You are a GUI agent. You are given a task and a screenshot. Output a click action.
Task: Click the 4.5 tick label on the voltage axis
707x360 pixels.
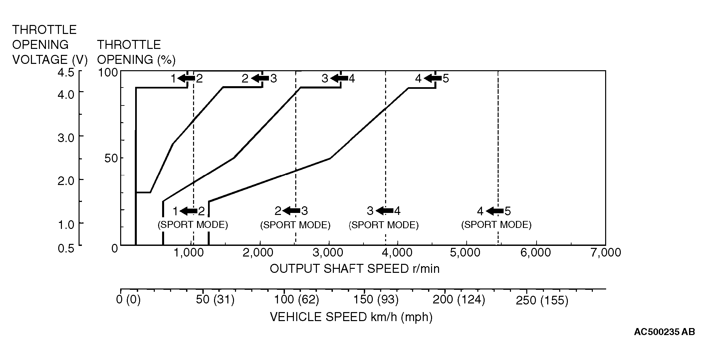(x=66, y=73)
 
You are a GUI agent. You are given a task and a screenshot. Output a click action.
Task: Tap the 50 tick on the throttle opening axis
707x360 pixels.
(x=111, y=158)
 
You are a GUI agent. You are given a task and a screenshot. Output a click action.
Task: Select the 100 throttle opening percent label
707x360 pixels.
(x=108, y=73)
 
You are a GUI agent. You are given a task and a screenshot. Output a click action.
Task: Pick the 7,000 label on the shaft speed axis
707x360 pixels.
(x=605, y=253)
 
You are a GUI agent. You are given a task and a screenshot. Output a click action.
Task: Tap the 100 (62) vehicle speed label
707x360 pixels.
(x=296, y=300)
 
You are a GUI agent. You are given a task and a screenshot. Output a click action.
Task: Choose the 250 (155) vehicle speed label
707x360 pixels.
(x=542, y=301)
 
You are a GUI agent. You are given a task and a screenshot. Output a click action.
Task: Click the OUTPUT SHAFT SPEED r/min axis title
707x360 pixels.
(x=354, y=269)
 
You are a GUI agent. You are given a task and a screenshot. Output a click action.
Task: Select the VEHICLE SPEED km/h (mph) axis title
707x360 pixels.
(x=351, y=317)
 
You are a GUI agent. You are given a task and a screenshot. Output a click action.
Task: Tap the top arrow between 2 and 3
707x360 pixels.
(x=260, y=79)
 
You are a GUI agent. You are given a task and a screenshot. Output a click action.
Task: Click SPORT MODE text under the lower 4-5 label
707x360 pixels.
(x=496, y=225)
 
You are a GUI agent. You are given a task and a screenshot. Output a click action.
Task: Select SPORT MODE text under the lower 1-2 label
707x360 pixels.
(x=193, y=225)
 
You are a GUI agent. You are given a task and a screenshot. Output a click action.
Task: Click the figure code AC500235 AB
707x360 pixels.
(x=664, y=332)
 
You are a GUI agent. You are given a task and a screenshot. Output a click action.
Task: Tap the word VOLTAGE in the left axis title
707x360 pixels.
(x=40, y=60)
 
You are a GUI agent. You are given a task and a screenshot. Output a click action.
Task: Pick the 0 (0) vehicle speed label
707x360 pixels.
(x=128, y=300)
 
